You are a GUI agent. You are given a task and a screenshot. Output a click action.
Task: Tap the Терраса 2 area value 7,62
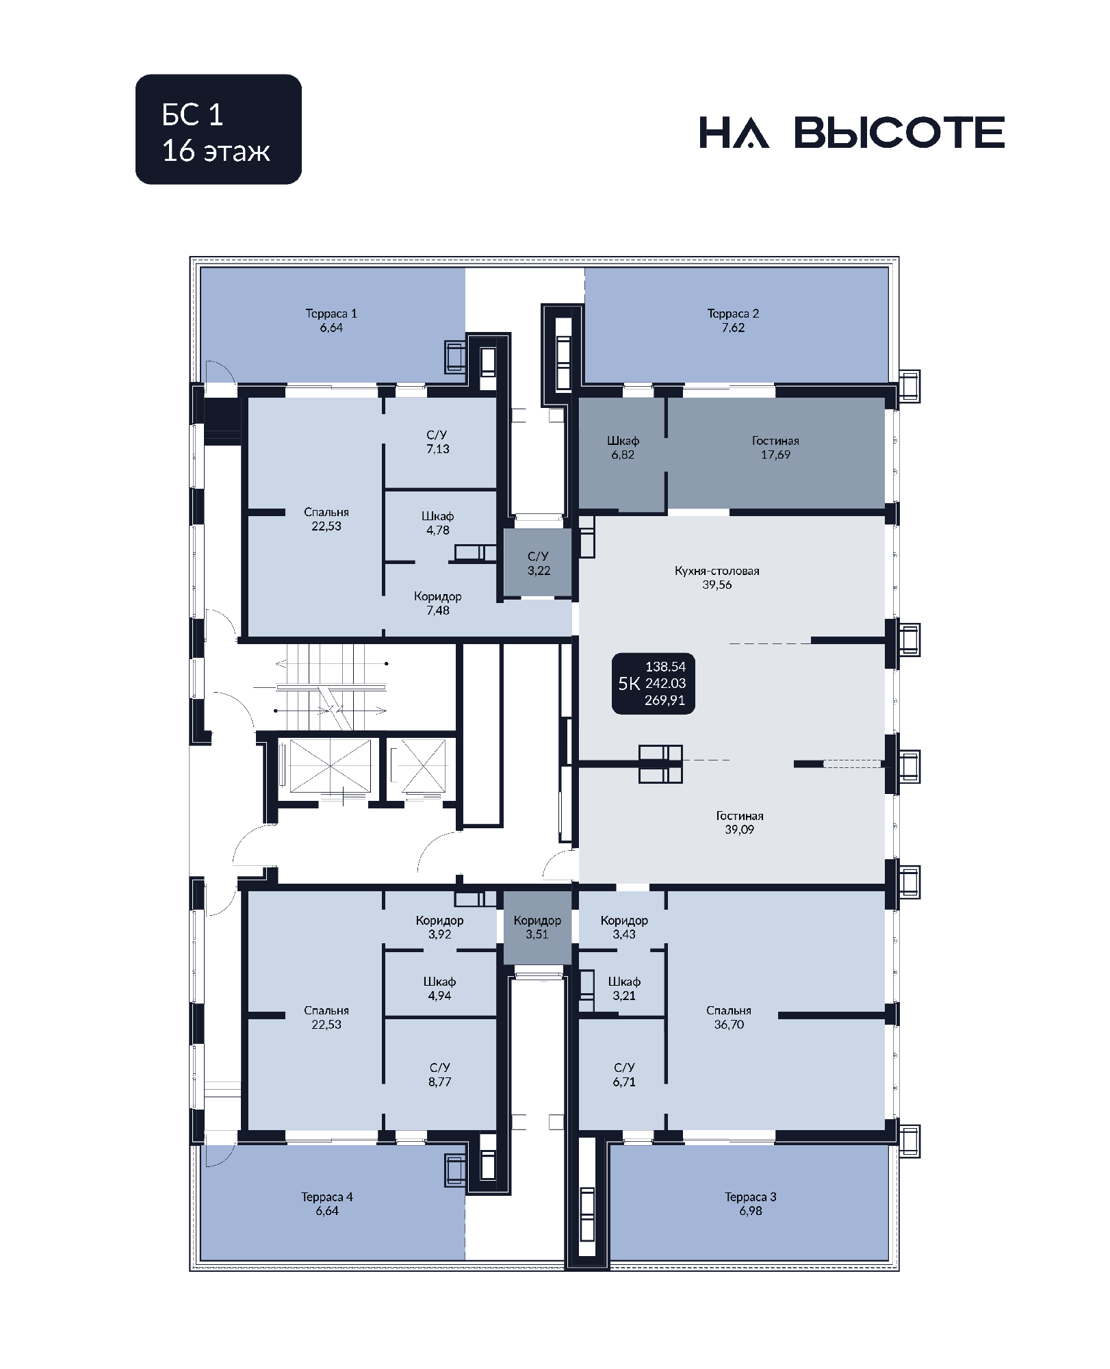point(733,328)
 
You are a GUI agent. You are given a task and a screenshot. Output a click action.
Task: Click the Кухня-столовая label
point(717,571)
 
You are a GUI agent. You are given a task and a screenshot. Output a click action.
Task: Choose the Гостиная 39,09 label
point(740,822)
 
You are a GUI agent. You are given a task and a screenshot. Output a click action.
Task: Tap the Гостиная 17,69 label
point(775,448)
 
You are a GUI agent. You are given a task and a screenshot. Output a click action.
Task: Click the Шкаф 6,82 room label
point(623,448)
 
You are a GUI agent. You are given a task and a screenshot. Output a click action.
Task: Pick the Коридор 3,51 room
point(537,927)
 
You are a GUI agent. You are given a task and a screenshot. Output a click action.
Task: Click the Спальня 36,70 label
point(729,1017)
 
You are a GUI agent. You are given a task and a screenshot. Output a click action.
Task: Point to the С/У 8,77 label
point(440,1074)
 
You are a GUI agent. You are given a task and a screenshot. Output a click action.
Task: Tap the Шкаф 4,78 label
point(438,523)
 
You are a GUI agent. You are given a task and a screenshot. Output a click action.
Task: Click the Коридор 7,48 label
point(438,603)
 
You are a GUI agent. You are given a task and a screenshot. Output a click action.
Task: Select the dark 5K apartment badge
point(653,683)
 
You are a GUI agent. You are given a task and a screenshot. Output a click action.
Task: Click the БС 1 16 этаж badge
point(218,129)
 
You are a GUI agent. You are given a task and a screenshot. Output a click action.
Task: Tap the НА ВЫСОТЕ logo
point(852,132)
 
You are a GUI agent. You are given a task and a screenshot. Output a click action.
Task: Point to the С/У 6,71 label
point(624,1074)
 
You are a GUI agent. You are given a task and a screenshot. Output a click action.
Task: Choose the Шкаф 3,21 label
point(624,988)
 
